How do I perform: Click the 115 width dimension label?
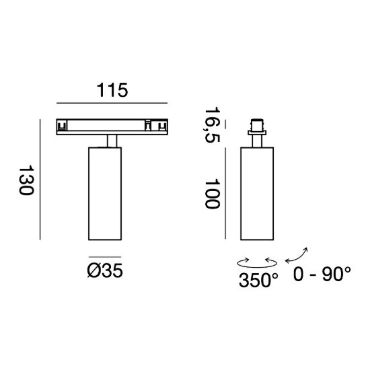(112, 90)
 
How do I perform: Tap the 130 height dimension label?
(26, 180)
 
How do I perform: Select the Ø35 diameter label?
(105, 270)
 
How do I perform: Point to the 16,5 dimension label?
(213, 125)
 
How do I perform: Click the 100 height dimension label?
(213, 194)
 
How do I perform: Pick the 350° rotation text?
(258, 280)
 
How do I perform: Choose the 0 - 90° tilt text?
(322, 274)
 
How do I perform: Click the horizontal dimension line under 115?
(112, 103)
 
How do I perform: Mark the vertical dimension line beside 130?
(40, 180)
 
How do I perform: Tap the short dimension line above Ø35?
(105, 257)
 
